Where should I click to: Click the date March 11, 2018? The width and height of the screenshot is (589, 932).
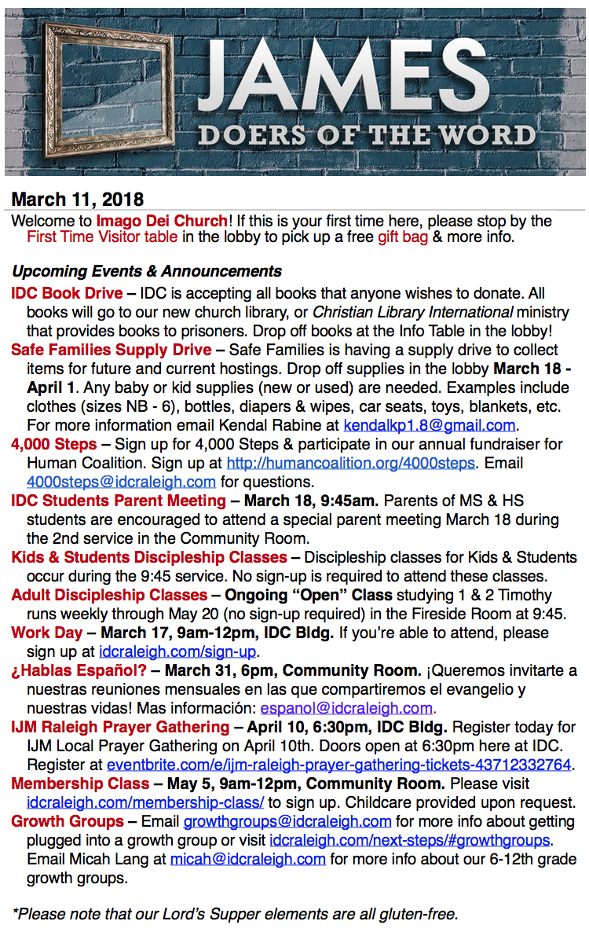tap(77, 200)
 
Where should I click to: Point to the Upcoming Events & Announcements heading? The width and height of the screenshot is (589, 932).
tap(147, 271)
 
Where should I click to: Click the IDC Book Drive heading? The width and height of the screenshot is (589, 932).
tap(67, 293)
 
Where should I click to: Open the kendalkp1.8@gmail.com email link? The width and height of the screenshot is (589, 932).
tap(430, 425)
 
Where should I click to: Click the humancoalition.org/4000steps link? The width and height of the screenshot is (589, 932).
tap(350, 463)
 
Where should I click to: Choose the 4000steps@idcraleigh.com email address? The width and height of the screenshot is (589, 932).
tap(121, 482)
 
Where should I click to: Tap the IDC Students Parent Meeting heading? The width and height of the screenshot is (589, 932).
tap(119, 501)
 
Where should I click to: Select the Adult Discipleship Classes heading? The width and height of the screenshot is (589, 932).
tap(109, 595)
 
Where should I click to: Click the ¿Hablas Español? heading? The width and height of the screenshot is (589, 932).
tap(79, 670)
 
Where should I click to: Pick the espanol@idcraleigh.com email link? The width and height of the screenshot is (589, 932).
tap(346, 708)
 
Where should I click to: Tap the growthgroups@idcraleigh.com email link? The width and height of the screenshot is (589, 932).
tap(287, 821)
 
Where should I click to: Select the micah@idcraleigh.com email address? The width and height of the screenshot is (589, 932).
tap(248, 859)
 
